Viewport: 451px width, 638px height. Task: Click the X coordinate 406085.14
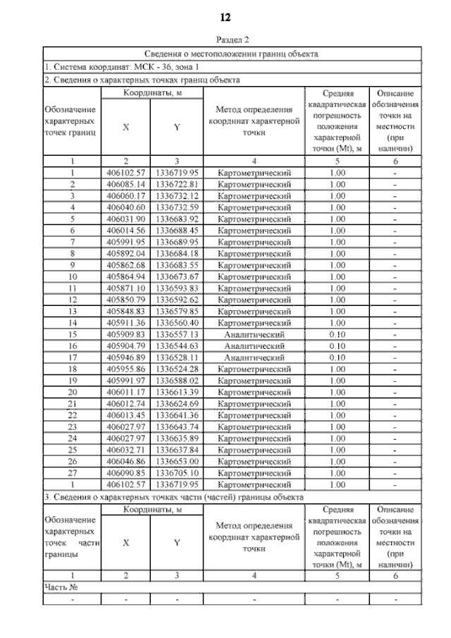(x=126, y=184)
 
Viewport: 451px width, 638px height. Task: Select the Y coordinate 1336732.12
(x=177, y=196)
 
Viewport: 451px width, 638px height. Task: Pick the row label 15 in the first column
(x=72, y=334)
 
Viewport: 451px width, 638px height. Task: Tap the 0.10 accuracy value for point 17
(x=338, y=357)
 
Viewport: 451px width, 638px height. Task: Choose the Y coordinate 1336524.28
(x=177, y=369)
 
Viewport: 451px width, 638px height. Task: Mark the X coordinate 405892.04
(x=126, y=254)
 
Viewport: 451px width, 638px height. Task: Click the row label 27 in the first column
(x=72, y=473)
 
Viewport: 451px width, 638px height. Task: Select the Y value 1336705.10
(x=177, y=473)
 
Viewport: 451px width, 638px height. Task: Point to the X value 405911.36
(x=126, y=323)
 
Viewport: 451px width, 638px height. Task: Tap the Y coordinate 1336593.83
(x=177, y=288)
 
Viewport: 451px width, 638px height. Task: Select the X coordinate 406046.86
(x=126, y=462)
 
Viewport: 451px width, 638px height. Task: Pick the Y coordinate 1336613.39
(x=177, y=392)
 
